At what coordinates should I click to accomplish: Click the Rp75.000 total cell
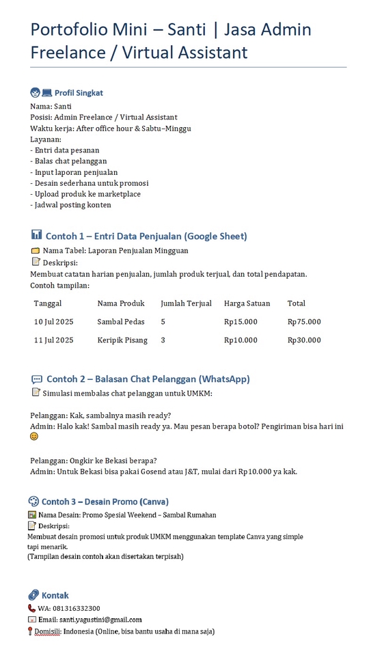pos(304,322)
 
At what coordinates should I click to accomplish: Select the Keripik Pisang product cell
pos(122,340)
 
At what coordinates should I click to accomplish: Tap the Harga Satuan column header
pos(247,303)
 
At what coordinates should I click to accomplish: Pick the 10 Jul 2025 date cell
pos(53,322)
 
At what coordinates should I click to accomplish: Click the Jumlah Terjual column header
pos(186,303)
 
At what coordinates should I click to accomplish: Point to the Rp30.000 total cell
pos(304,340)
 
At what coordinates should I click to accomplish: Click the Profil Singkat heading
pos(79,93)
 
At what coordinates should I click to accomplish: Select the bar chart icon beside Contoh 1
pos(36,235)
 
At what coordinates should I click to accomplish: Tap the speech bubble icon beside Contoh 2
pos(37,379)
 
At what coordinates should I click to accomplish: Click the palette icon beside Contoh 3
pos(33,501)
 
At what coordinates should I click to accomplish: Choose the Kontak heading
pos(55,595)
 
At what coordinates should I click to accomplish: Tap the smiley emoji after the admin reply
pos(34,436)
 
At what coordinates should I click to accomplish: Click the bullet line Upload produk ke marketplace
pos(85,194)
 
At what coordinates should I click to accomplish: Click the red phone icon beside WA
pos(31,608)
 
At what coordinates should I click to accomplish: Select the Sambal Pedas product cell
pos(120,322)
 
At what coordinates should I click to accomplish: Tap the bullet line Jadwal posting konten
pos(71,205)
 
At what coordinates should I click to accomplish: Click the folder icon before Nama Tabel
pos(36,251)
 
